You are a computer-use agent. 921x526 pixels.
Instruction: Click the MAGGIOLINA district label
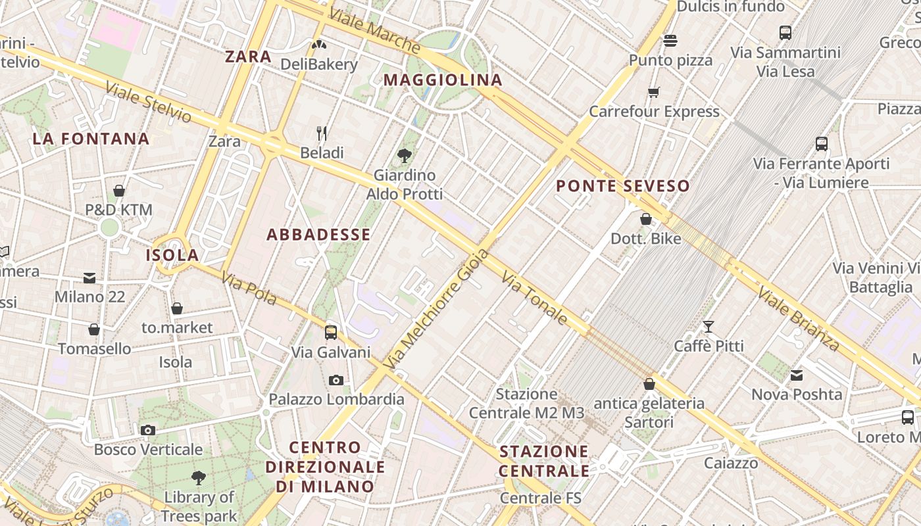click(x=443, y=80)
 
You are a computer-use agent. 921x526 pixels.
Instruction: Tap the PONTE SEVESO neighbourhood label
click(x=622, y=186)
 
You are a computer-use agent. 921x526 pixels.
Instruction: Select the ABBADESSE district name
click(x=318, y=235)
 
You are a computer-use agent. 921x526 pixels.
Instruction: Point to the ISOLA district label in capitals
click(x=172, y=255)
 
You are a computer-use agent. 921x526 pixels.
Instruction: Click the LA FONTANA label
click(x=91, y=139)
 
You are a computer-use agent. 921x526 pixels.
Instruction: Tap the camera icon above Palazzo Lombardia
click(x=336, y=380)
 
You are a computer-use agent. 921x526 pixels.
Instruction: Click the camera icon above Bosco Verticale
click(x=148, y=430)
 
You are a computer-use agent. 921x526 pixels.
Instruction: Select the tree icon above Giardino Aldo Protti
click(x=405, y=156)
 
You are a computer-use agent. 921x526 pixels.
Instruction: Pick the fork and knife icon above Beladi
click(x=322, y=133)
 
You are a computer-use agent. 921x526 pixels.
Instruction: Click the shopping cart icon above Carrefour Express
click(x=653, y=92)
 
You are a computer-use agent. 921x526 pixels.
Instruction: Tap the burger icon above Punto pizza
click(x=670, y=41)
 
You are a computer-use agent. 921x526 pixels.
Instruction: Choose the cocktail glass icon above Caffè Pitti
click(x=709, y=326)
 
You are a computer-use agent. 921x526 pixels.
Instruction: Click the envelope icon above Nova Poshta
click(x=797, y=375)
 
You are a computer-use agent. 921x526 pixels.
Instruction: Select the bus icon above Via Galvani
click(x=331, y=333)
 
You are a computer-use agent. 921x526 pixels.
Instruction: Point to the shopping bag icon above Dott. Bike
click(x=646, y=219)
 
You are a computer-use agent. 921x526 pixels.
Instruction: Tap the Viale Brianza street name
click(x=799, y=318)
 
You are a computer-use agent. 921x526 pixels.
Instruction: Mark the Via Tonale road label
click(x=534, y=298)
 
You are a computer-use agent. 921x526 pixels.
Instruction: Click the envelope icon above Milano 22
click(x=89, y=277)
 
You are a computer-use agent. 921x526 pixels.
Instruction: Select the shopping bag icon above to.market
click(x=177, y=308)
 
